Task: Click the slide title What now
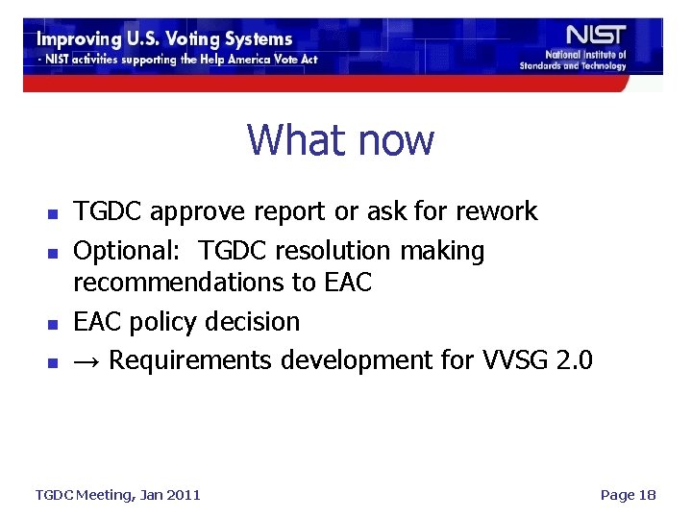(340, 140)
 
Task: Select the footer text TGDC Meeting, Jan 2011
(117, 494)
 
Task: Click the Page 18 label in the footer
(627, 494)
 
